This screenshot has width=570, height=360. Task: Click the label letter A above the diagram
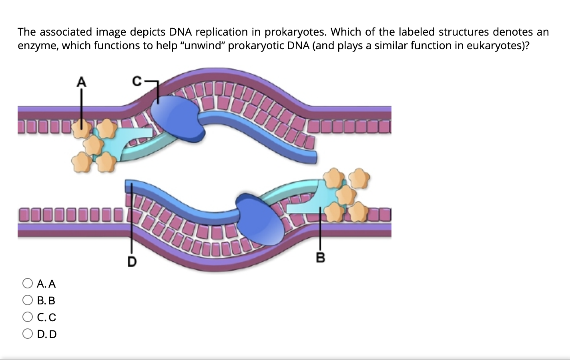pos(81,82)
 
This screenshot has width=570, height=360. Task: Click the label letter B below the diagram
pos(321,258)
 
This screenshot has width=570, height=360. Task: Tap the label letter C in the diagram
pos(137,82)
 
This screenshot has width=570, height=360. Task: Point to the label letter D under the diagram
pos(132,262)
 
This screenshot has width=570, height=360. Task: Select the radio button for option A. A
pos(28,284)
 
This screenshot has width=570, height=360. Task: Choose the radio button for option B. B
pos(28,300)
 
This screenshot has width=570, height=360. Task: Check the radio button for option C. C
pos(28,317)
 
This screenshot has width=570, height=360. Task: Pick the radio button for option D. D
pos(28,334)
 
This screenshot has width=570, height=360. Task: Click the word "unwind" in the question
pos(202,46)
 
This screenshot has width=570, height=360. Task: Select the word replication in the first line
pos(222,32)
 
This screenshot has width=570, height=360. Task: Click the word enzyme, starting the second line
pos(38,46)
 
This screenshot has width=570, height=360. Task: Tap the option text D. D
pos(47,334)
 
